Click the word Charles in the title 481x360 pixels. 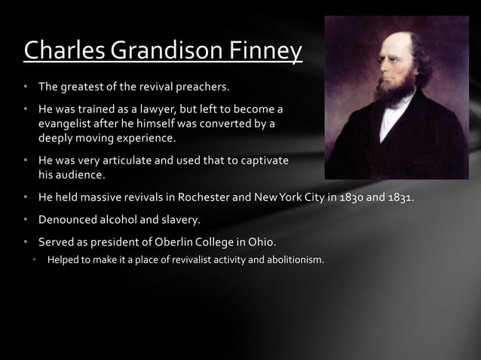pos(64,50)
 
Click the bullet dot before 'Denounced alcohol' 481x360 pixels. pos(25,221)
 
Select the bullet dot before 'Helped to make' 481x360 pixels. pos(35,261)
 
